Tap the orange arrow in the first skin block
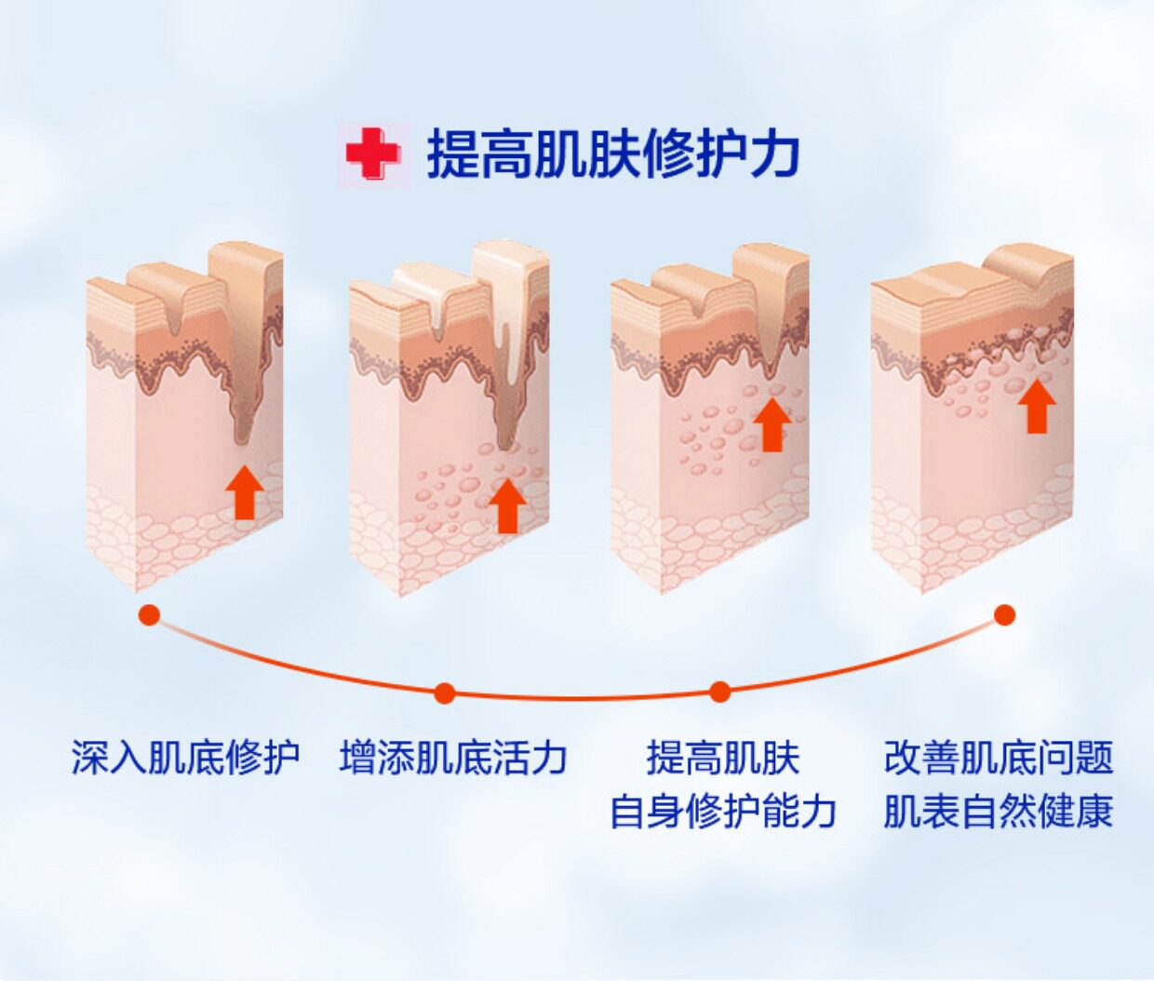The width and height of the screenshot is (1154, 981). point(245,492)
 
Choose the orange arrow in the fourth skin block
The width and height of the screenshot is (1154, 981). point(1040,407)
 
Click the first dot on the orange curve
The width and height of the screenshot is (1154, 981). point(149,615)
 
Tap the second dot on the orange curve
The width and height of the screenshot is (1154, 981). point(445,692)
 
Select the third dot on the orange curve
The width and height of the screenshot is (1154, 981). point(719,692)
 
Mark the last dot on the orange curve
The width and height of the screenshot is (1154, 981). point(1004,615)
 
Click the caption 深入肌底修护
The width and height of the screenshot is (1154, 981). point(185,758)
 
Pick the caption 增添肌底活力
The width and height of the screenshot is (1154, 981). point(453,758)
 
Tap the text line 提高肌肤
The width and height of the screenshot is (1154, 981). point(723,758)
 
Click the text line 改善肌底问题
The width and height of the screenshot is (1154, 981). point(998,758)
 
